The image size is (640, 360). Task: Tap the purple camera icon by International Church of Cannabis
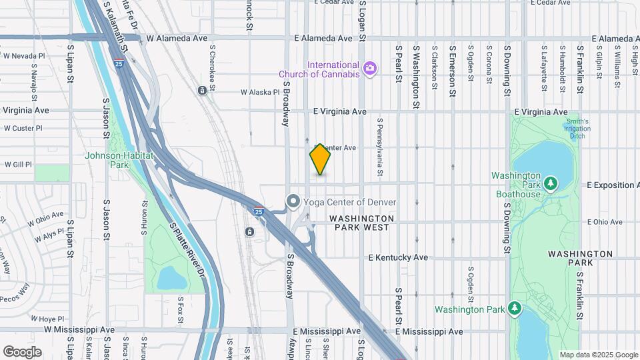coord(369,68)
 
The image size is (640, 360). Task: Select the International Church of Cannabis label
coord(333,69)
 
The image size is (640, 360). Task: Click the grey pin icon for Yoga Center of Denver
coord(293,201)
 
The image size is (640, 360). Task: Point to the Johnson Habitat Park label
coord(119,160)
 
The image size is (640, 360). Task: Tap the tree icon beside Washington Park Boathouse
coord(551,183)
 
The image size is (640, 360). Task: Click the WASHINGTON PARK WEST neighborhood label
coord(362,223)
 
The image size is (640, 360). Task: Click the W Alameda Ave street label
coord(177,39)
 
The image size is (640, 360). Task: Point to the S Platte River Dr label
coord(186,249)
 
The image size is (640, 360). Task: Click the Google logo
coord(22,351)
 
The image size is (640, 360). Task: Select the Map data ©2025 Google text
coord(599,355)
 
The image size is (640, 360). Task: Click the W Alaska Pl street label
coord(260,93)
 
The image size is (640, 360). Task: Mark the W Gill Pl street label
coord(19,164)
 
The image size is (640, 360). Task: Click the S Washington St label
coord(416,77)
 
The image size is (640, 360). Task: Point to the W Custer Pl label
coord(23,128)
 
